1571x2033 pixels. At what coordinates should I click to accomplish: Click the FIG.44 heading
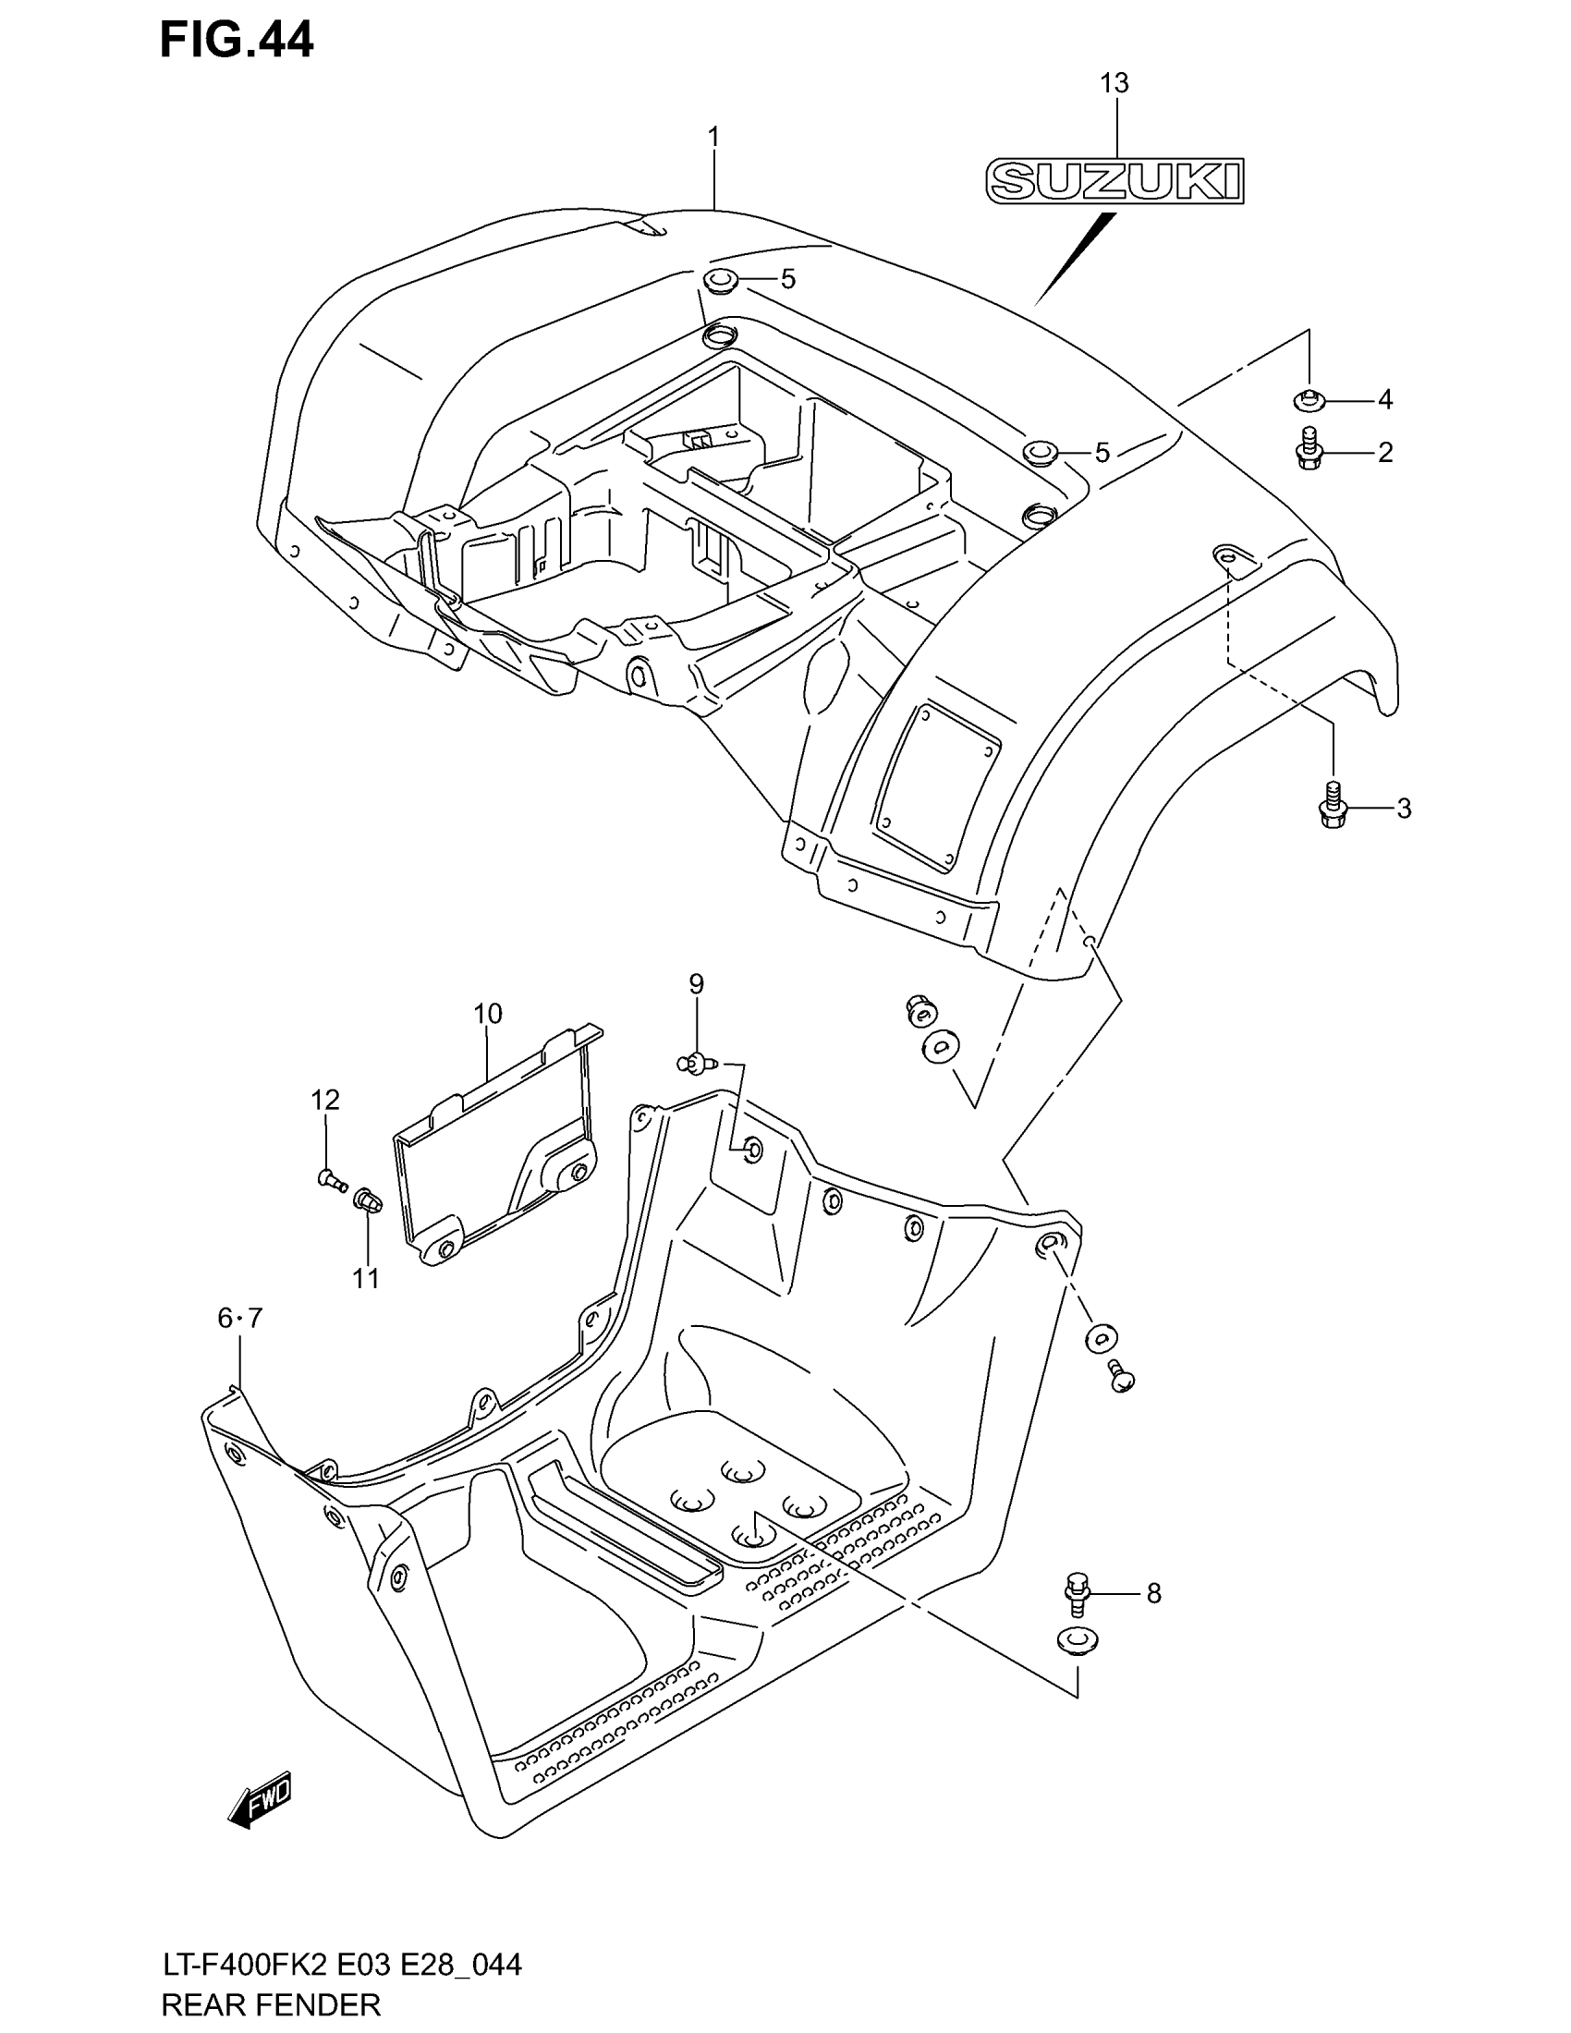tap(237, 41)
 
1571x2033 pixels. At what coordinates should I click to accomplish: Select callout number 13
tap(1114, 84)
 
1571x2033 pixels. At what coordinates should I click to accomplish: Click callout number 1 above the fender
tap(712, 138)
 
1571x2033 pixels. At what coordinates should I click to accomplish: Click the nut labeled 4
tap(1309, 401)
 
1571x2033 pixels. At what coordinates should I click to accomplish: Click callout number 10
tap(488, 1014)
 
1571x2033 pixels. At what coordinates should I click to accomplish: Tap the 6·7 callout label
tap(240, 1318)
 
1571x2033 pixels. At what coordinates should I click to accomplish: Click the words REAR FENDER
tap(271, 2004)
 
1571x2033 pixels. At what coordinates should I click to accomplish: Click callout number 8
tap(1153, 1594)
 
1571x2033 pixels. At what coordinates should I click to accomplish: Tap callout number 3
tap(1404, 808)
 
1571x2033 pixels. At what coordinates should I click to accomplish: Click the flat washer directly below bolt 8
tap(1078, 1641)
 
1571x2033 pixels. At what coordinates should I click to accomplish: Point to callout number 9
tap(696, 984)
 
